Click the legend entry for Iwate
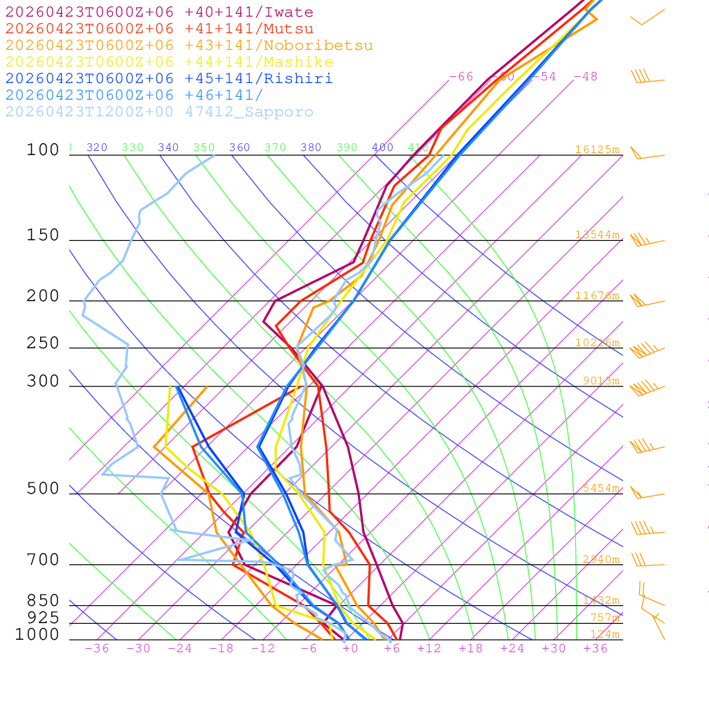[x=159, y=12]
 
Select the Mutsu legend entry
[x=159, y=29]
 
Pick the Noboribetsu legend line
[x=189, y=46]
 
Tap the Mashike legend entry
[x=169, y=62]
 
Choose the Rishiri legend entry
[x=169, y=79]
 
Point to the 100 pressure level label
[x=43, y=150]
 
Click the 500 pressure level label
[x=43, y=489]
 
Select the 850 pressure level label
[x=43, y=601]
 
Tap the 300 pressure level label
[x=43, y=382]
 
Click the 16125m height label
[x=597, y=150]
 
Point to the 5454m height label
[x=600, y=488]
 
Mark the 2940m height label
[x=600, y=559]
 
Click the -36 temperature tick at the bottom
[x=96, y=649]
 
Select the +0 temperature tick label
[x=350, y=649]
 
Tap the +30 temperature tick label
[x=554, y=649]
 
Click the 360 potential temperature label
[x=240, y=147]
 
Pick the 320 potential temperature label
[x=97, y=147]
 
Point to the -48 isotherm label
[x=585, y=76]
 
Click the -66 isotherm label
[x=461, y=76]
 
